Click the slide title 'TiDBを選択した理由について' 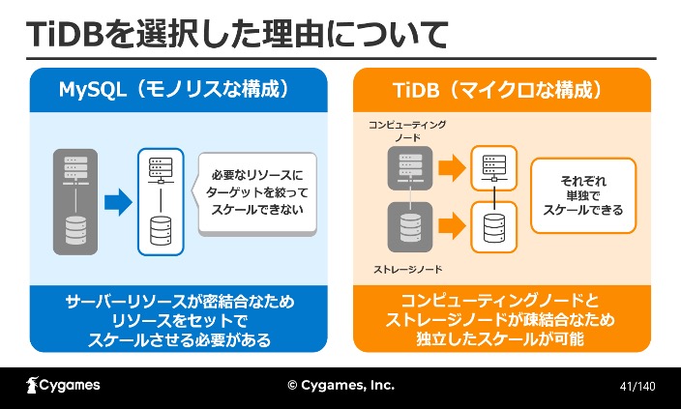pos(237,35)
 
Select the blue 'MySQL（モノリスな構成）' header pos(179,90)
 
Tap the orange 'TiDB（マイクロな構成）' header pos(502,90)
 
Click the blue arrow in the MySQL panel pos(118,202)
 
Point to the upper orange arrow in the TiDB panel pos(452,168)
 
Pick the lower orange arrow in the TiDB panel pos(452,226)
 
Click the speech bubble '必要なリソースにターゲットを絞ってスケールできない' pos(256,193)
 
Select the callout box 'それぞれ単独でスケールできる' pos(583,196)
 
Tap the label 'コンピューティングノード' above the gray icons pos(407,131)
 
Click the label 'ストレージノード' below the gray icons pos(407,270)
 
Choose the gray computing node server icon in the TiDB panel pos(410,168)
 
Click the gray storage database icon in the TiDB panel pos(410,227)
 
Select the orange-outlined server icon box pos(493,168)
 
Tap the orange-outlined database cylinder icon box pos(493,227)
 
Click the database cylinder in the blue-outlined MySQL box pos(161,230)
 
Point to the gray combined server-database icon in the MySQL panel pos(75,202)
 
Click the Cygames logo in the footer pos(63,385)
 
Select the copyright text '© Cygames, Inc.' pos(340,385)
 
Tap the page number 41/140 pos(637,386)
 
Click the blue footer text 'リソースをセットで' pos(179,321)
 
